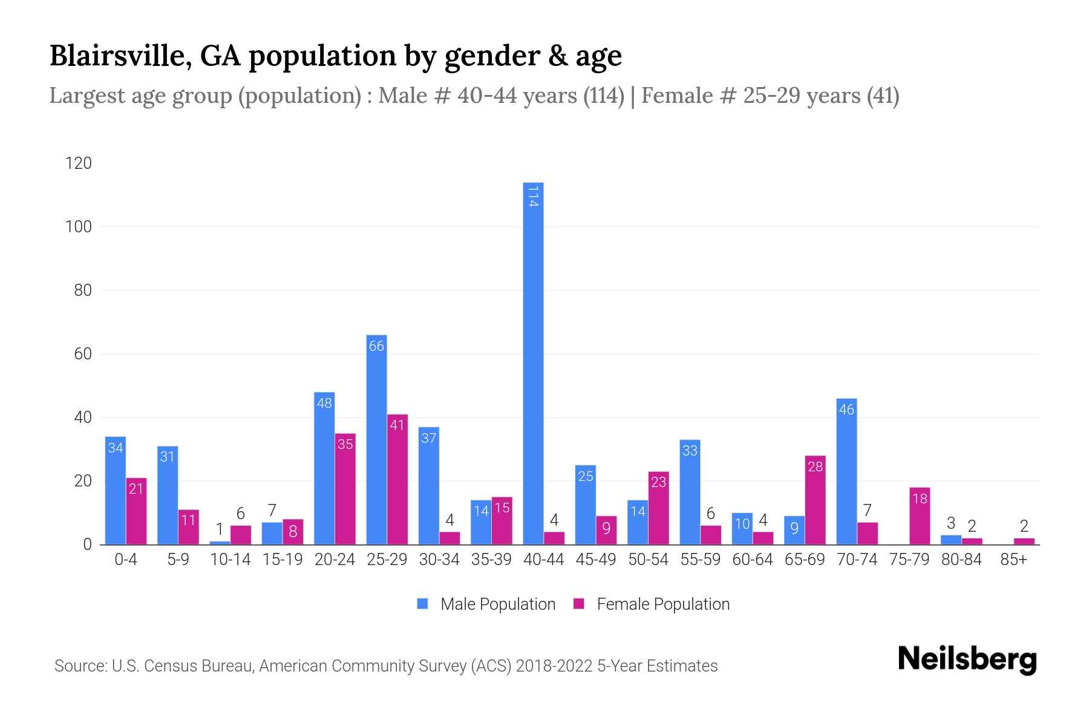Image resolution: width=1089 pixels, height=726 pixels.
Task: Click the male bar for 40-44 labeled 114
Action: coord(533,363)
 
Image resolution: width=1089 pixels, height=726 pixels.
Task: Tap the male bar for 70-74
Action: coord(846,471)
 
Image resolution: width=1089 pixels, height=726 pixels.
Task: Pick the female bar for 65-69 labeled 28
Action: coord(815,500)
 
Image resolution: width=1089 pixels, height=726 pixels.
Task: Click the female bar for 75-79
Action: coord(920,515)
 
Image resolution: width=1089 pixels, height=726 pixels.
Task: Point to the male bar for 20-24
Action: coord(324,468)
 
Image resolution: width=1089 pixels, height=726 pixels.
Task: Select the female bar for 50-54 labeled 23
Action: coord(658,508)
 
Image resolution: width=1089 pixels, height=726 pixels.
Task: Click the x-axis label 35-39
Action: coord(491,560)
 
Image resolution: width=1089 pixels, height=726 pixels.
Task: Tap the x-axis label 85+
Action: coord(1013,560)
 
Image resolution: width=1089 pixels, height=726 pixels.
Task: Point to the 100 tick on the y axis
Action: coord(79,227)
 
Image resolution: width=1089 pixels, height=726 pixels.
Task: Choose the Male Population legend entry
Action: coord(486,604)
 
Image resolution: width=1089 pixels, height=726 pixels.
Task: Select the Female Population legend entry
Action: coord(651,604)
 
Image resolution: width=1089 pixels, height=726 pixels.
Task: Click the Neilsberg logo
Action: coord(967,659)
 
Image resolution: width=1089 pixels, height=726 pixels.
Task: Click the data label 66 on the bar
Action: coord(376,346)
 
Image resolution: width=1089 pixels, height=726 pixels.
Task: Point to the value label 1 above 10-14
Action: coord(220,529)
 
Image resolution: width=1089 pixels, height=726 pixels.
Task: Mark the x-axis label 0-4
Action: coord(126,560)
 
